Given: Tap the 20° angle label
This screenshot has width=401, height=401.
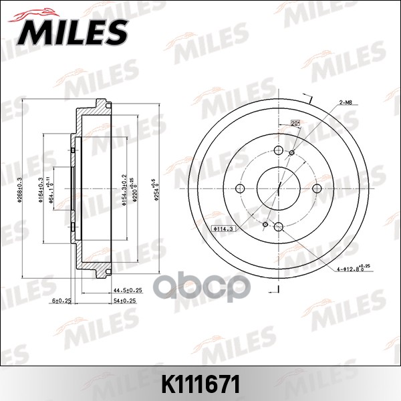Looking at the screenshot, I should (294, 122).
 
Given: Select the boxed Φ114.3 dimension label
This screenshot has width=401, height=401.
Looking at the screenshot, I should (222, 229).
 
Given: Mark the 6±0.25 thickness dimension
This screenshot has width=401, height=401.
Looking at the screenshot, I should (64, 301).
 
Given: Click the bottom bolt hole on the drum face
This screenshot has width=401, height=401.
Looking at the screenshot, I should (277, 226).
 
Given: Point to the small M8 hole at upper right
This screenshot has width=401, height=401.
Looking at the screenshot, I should (291, 154).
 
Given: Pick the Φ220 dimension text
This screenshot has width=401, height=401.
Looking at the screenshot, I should (133, 189).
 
